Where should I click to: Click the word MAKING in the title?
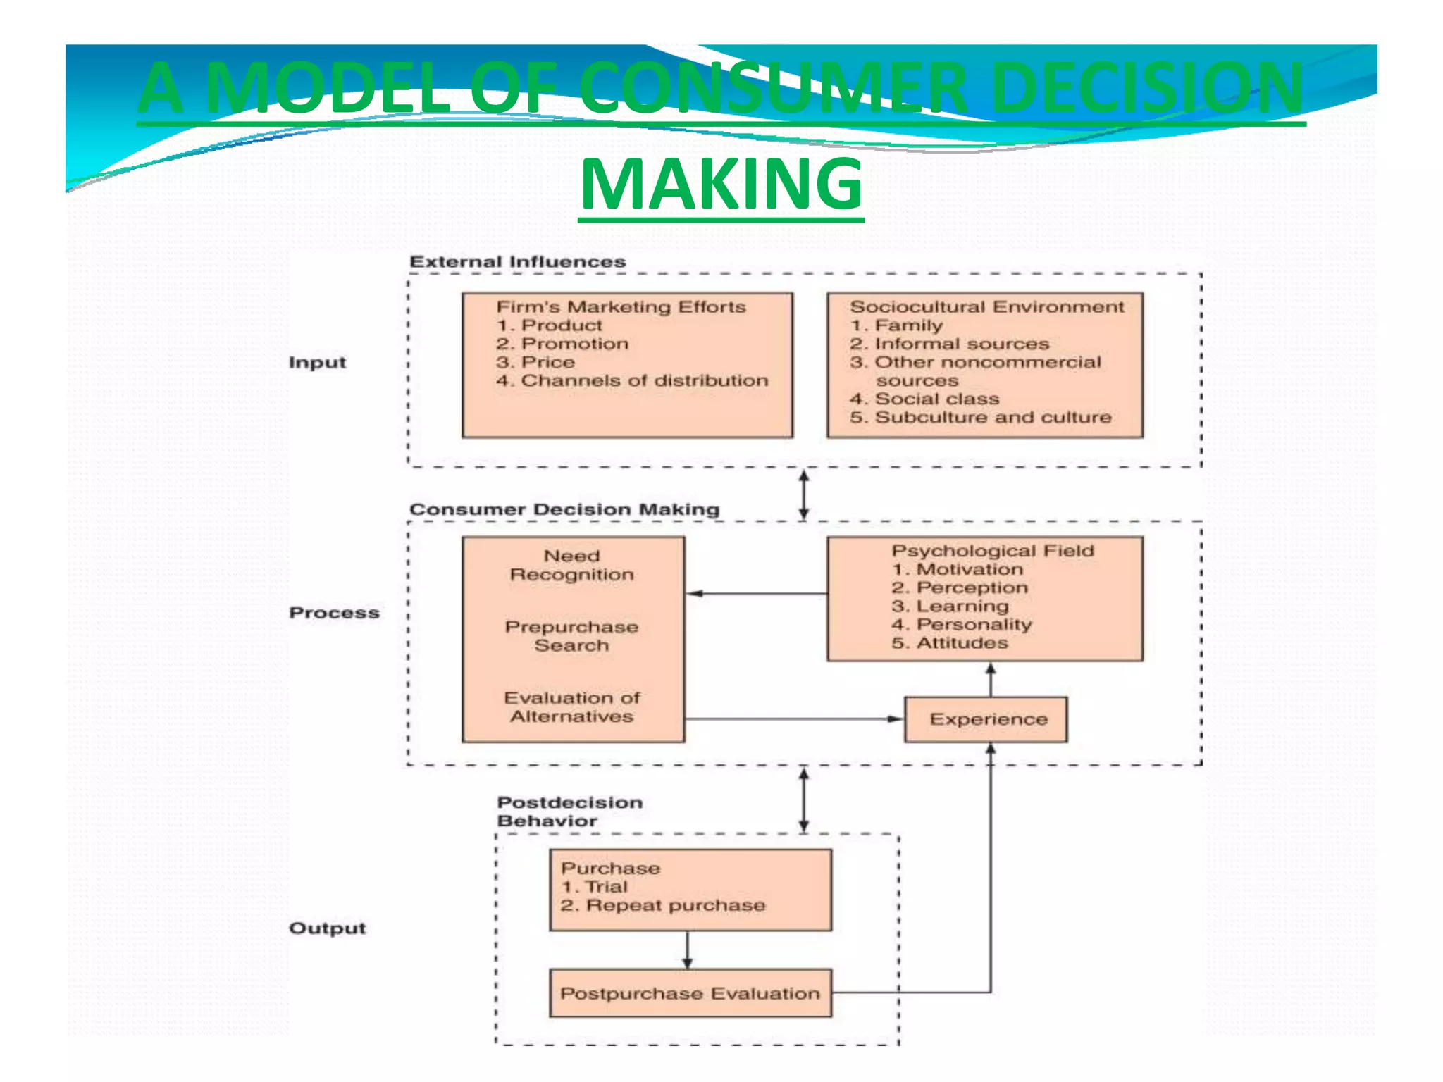tap(721, 185)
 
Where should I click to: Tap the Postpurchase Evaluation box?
tap(690, 993)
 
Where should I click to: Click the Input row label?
tap(318, 363)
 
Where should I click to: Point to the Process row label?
tap(334, 613)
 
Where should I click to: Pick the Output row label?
tap(328, 928)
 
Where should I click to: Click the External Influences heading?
tap(517, 262)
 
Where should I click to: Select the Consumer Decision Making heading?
tap(564, 509)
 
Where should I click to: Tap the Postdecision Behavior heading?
tap(569, 811)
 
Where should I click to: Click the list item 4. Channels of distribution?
tap(632, 381)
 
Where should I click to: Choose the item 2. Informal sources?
tap(949, 344)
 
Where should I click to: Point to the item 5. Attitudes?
tap(949, 643)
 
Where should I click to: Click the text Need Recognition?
tap(571, 566)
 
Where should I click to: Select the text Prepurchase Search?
tap(571, 636)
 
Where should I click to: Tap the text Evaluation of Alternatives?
tap(571, 707)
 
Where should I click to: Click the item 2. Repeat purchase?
tap(663, 905)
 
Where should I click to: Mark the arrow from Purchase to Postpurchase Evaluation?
tap(688, 950)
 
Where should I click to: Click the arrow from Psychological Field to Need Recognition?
tap(757, 594)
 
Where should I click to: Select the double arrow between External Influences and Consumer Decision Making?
tap(803, 495)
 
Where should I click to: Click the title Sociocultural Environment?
tap(986, 307)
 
